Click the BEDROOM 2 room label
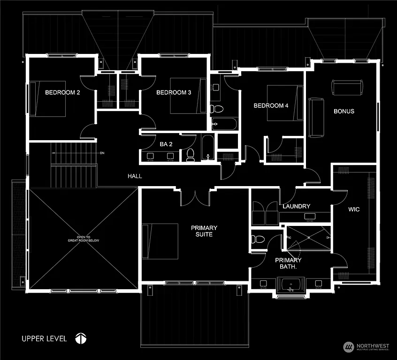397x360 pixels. (x=62, y=93)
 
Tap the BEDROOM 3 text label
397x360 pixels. (x=174, y=93)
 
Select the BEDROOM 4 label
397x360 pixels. (x=271, y=106)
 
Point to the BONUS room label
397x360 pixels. (x=344, y=112)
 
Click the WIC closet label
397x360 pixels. (x=354, y=210)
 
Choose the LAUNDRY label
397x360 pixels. (x=296, y=206)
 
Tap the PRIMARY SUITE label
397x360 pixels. (x=204, y=231)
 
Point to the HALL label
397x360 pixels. (x=135, y=176)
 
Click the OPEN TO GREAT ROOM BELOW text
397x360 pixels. (x=82, y=239)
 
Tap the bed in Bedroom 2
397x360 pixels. (x=47, y=99)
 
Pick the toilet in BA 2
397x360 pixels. (x=190, y=155)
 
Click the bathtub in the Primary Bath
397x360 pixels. (x=291, y=285)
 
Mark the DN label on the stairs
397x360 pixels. (x=102, y=153)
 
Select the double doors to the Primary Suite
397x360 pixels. (x=195, y=196)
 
